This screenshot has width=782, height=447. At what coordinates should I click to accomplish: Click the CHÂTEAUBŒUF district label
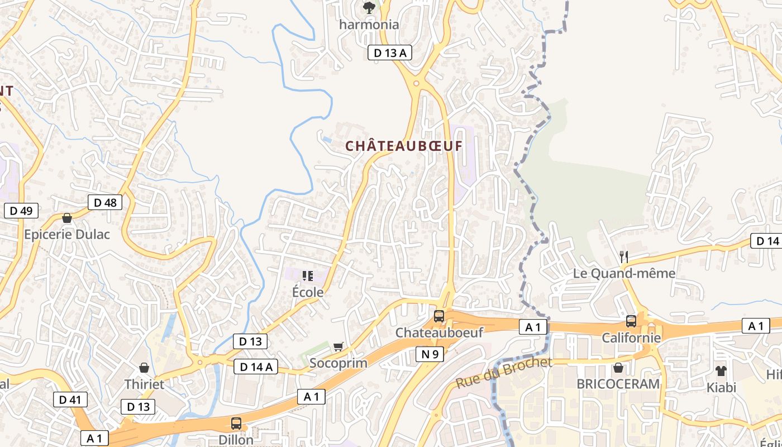click(x=404, y=146)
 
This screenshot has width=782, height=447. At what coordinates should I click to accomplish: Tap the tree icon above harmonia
click(x=369, y=8)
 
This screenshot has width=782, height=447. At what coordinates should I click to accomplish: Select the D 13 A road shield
click(x=389, y=53)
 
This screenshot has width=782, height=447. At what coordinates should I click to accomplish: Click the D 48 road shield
click(x=105, y=202)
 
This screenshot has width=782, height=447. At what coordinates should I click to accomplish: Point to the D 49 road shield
click(x=21, y=211)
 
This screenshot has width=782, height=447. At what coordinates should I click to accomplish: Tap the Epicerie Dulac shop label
click(x=67, y=234)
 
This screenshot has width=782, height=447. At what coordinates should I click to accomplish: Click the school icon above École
click(x=307, y=275)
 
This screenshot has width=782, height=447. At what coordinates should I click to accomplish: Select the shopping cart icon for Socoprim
click(x=338, y=347)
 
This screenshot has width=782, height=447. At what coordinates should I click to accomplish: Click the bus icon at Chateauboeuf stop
click(x=439, y=316)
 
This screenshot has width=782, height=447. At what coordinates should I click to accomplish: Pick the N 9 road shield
click(x=430, y=354)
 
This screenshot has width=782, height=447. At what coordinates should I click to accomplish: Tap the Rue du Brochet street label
click(x=503, y=373)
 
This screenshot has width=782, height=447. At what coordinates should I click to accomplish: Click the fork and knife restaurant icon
click(x=624, y=257)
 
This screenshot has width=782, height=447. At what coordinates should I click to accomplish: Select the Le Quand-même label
click(x=624, y=273)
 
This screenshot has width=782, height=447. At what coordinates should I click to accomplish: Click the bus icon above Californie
click(x=631, y=321)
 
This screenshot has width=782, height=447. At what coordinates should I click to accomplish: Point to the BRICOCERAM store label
click(x=618, y=384)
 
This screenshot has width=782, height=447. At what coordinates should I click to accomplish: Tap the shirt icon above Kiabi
click(x=721, y=370)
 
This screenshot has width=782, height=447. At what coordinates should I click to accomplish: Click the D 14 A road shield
click(x=255, y=367)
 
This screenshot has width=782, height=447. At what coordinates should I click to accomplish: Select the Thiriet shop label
click(x=144, y=384)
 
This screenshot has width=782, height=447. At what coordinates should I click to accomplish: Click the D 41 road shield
click(x=70, y=400)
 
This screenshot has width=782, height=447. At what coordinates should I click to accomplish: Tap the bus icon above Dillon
click(x=236, y=423)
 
